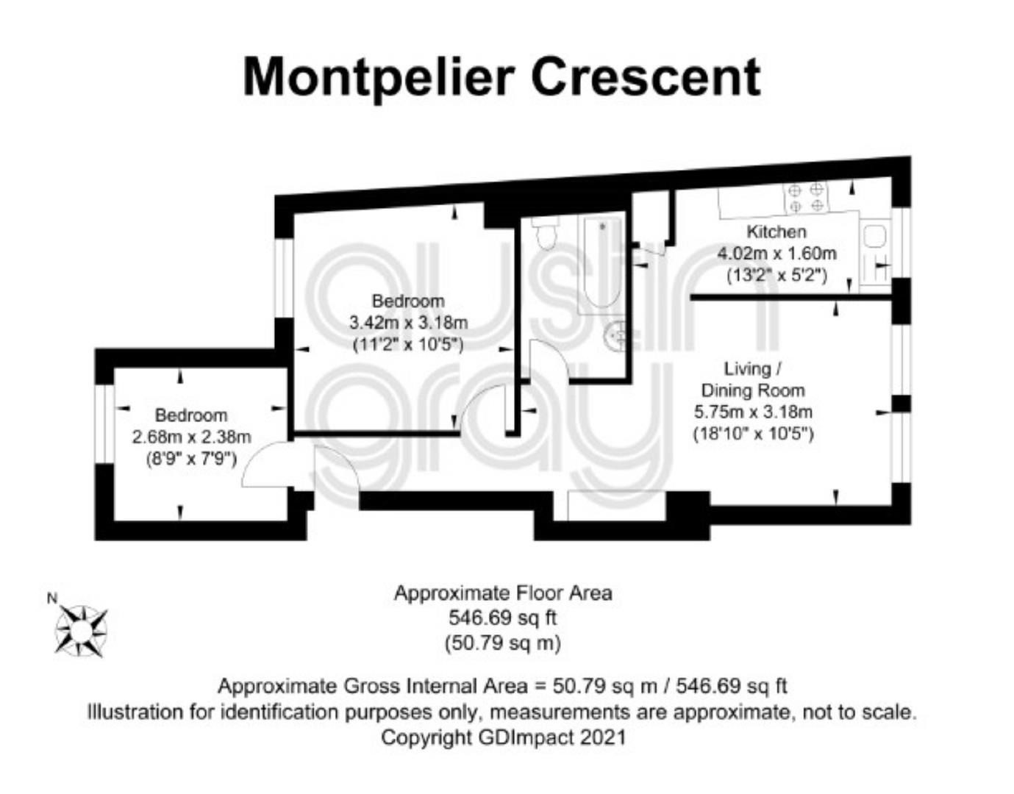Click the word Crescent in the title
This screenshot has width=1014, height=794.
[646, 77]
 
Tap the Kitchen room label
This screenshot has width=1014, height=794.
[776, 232]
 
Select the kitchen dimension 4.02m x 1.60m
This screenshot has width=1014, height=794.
[776, 254]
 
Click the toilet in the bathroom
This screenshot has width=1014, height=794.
[545, 234]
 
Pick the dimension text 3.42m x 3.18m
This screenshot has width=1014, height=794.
[408, 322]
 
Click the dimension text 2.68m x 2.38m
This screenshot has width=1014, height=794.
[191, 437]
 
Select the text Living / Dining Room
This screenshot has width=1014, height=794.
[753, 379]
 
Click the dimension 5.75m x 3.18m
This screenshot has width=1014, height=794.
[753, 412]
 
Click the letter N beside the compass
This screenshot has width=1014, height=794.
[51, 598]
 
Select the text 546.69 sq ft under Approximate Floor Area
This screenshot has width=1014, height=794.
[502, 618]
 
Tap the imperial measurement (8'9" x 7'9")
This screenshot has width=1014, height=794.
[191, 459]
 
